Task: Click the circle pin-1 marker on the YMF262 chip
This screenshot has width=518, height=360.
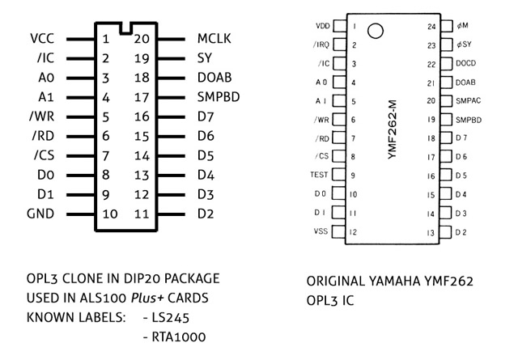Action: click(x=375, y=32)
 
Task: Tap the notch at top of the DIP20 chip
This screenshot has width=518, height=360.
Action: click(x=125, y=29)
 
